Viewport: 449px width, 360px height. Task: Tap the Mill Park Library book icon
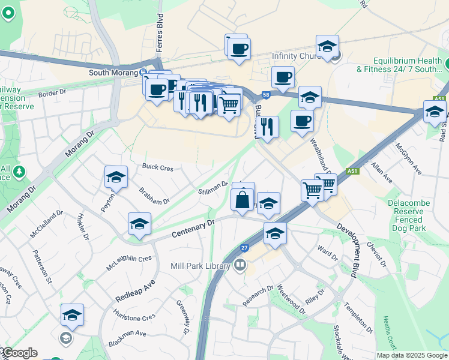(x=240, y=265)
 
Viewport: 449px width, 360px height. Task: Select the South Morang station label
(x=113, y=73)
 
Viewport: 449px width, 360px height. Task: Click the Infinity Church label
(x=297, y=56)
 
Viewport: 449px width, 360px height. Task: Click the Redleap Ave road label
(x=136, y=290)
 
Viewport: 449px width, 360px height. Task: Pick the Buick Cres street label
(x=157, y=167)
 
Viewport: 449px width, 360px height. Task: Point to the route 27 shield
(x=244, y=247)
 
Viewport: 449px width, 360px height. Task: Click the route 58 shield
(x=265, y=95)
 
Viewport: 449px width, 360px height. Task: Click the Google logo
(x=19, y=353)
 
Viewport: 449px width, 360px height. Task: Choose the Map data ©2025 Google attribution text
(x=411, y=355)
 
